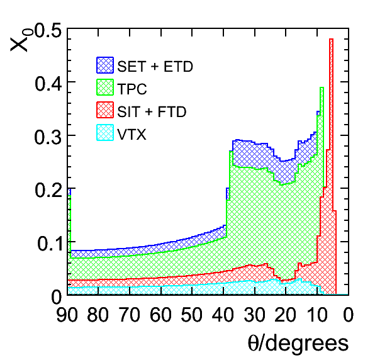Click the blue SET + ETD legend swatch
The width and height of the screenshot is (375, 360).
[105, 65]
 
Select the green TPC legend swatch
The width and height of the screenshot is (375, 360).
[105, 87]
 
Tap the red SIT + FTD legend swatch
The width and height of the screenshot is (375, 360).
[105, 110]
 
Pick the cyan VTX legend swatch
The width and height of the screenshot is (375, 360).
[105, 133]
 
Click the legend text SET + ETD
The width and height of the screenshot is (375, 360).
[155, 66]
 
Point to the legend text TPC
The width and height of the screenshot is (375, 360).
[132, 89]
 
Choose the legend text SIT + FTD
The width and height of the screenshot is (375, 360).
[152, 111]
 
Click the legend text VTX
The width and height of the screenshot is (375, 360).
[132, 134]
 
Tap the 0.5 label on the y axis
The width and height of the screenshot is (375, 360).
[48, 31]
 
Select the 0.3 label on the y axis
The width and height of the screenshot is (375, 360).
[48, 137]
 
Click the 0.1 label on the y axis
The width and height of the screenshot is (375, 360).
[50, 244]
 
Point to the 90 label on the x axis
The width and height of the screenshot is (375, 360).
[67, 314]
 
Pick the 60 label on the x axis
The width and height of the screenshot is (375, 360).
[160, 314]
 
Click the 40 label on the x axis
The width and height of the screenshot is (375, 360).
[223, 314]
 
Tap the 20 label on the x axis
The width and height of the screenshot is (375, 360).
[285, 314]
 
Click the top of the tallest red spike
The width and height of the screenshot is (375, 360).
[331, 39]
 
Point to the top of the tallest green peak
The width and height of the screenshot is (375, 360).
[322, 87]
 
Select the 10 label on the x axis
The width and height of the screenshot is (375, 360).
[316, 314]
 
